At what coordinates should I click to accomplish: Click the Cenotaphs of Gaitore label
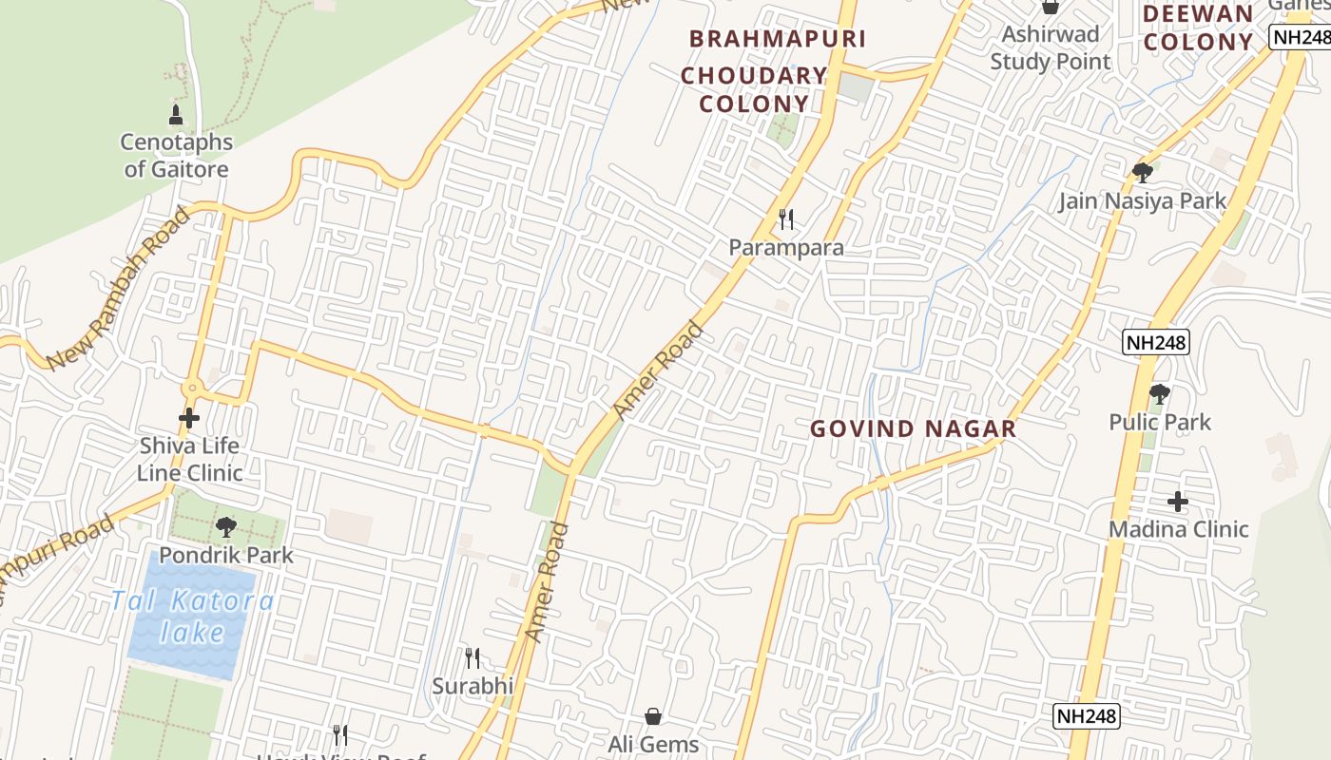point(176,156)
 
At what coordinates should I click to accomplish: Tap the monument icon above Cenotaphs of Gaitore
point(175,115)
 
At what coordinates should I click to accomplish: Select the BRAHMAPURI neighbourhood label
point(778,39)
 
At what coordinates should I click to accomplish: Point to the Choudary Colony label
point(754,89)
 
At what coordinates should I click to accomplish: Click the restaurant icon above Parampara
point(786,220)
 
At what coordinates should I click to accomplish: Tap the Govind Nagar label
point(913,428)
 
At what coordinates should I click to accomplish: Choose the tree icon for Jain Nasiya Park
point(1143,173)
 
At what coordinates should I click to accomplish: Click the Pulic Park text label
point(1160,422)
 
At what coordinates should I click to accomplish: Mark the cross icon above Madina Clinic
point(1178,501)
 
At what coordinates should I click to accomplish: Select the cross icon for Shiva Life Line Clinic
point(189,417)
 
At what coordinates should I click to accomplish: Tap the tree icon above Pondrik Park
point(225,526)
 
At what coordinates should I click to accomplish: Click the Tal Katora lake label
point(192,617)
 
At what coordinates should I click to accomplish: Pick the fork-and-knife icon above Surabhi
point(473,657)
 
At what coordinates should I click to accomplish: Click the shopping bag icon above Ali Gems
point(653,715)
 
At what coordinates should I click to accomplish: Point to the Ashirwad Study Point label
point(1051,47)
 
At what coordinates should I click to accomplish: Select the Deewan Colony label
point(1198,28)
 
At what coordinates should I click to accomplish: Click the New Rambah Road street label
point(119,290)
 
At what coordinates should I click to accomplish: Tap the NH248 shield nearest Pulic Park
point(1155,342)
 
